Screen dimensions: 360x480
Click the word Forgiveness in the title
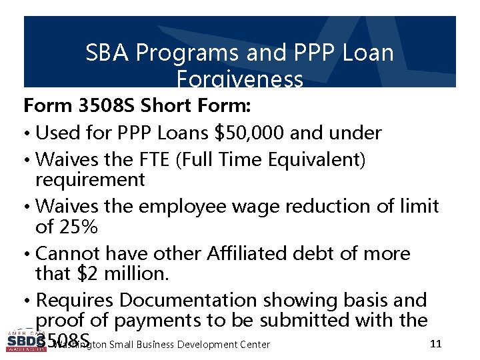click(240, 79)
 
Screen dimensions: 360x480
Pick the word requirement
click(90, 180)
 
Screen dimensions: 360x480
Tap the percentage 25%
click(79, 227)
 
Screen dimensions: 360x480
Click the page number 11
click(436, 344)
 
